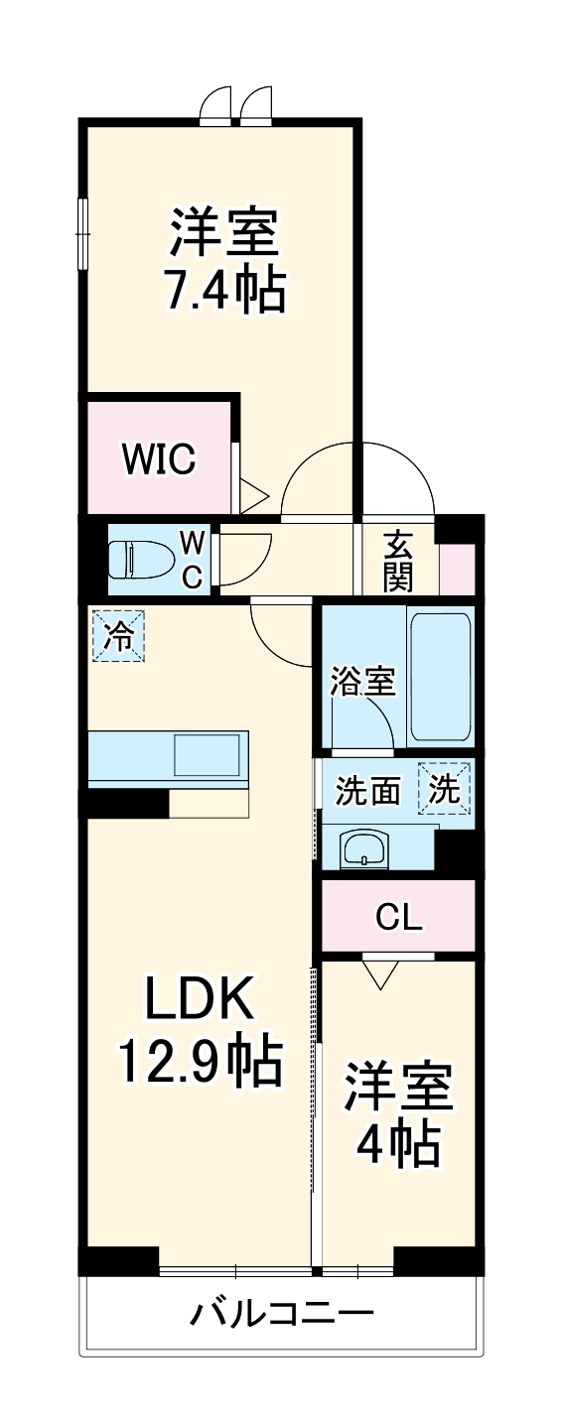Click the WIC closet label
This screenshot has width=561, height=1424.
pos(160,458)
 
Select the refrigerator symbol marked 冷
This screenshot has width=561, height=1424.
pos(118,635)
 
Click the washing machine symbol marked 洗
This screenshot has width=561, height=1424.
pos(444,788)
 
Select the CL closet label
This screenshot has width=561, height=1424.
pos(399,917)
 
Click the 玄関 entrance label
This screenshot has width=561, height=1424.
pos(398,561)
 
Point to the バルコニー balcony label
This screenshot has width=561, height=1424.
pos(282,1316)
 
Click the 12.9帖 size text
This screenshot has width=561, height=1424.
pos(201,1062)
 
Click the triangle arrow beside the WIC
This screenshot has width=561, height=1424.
pos(253,494)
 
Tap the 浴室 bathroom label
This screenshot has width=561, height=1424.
pos(362,682)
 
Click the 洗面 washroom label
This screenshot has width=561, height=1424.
pos(367,791)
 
